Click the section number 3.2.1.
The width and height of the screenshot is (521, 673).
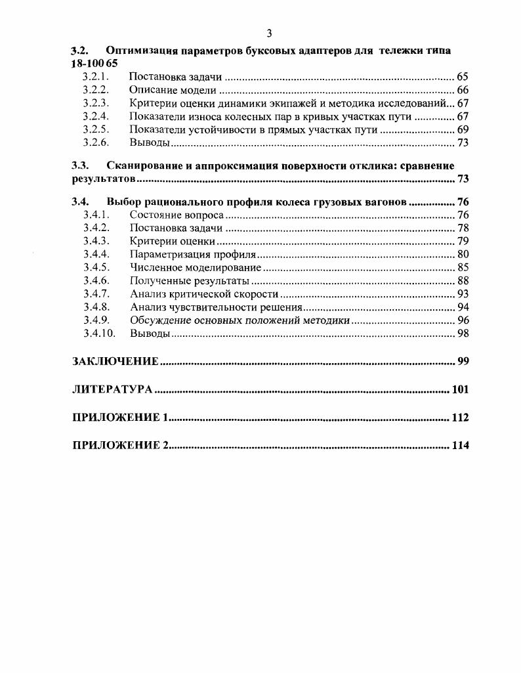click(95, 77)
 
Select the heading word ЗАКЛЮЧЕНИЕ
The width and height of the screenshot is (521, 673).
click(115, 361)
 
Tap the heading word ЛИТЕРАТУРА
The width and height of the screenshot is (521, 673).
click(112, 389)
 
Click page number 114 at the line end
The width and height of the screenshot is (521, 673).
click(461, 446)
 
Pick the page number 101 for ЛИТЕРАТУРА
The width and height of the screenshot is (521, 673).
click(461, 389)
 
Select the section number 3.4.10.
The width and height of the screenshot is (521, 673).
click(98, 334)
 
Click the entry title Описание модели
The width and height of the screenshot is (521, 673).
click(173, 90)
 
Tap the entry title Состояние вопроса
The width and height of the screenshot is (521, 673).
click(177, 215)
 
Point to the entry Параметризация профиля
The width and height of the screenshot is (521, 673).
click(192, 254)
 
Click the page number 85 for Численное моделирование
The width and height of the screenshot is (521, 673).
click(463, 267)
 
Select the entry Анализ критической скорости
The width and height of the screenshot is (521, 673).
click(204, 294)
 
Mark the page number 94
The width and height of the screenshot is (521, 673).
click(463, 307)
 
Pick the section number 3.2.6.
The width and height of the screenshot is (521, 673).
click(95, 142)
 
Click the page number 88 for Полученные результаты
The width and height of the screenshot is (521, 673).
click(463, 281)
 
